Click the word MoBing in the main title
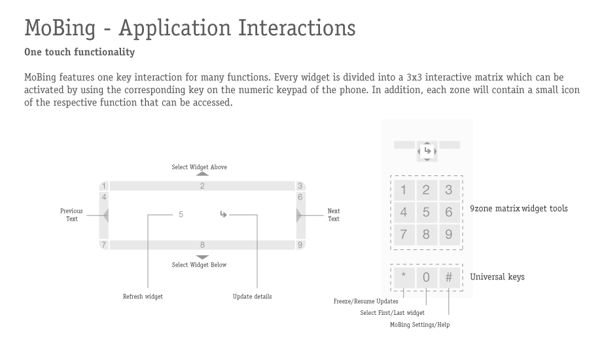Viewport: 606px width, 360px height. (x=60, y=28)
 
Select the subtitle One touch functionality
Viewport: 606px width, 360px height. (x=80, y=52)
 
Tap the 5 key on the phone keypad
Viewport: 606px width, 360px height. (x=426, y=212)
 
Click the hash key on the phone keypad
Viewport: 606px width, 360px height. (x=449, y=278)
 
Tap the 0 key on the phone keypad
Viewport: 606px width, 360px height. (x=426, y=278)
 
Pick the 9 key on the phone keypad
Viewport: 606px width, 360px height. (x=449, y=234)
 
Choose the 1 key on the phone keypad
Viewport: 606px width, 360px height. (x=404, y=190)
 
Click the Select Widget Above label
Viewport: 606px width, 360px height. (x=200, y=167)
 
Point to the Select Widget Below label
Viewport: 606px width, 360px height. (x=200, y=265)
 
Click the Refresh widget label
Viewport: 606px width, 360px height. (x=143, y=297)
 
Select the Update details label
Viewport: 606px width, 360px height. (x=253, y=297)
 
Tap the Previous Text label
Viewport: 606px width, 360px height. (x=71, y=215)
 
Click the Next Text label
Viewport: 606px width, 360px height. (x=334, y=215)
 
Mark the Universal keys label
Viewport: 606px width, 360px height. (x=497, y=277)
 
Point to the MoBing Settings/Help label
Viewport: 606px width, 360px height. (x=419, y=325)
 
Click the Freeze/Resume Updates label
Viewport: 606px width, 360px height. (x=366, y=301)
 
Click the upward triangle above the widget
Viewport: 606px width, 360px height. (x=202, y=174)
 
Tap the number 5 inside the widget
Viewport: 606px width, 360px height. (x=181, y=215)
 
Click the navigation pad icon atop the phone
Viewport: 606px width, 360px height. (x=427, y=151)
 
